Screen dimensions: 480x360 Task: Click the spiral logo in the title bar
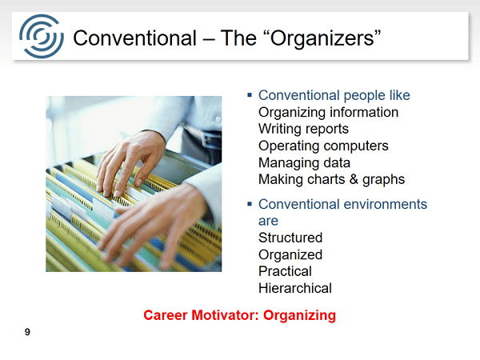tap(42, 36)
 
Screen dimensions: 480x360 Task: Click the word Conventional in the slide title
tap(134, 38)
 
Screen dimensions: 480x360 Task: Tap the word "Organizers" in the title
tap(322, 38)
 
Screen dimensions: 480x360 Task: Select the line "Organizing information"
tap(328, 112)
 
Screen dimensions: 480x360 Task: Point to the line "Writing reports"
tap(303, 129)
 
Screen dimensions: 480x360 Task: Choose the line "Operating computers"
tap(323, 146)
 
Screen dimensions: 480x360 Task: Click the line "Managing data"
tap(304, 162)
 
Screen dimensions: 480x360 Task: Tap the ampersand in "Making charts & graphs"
tap(354, 179)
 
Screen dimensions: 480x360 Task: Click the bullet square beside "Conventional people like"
tap(250, 95)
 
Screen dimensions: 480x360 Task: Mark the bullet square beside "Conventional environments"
tap(250, 204)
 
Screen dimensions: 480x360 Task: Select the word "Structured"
tap(290, 238)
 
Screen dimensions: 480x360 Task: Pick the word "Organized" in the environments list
tap(290, 254)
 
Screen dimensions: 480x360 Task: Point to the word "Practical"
tap(285, 271)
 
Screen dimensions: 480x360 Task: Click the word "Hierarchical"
tap(295, 288)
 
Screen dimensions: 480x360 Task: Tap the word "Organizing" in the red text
tap(299, 315)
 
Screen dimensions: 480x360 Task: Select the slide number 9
tap(27, 332)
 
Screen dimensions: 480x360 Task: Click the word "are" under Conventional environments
tap(268, 221)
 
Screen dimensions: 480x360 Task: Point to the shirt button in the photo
tap(218, 120)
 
